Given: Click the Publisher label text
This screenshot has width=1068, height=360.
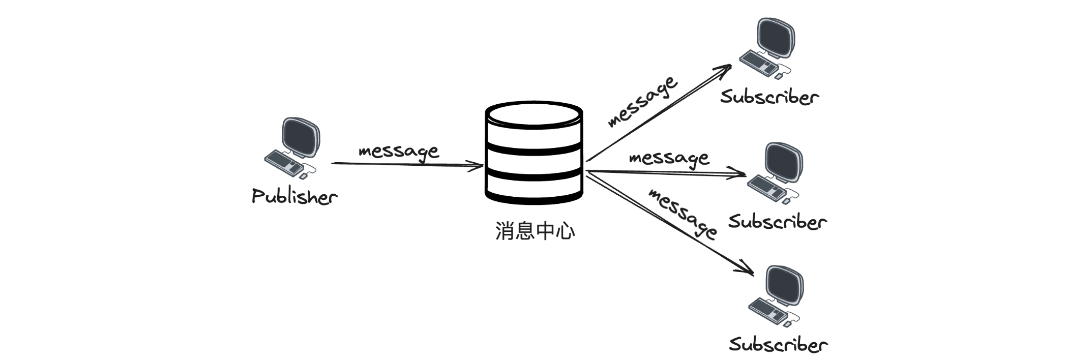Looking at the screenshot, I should (x=294, y=196).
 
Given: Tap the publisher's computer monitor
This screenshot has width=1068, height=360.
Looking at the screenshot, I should (x=301, y=137).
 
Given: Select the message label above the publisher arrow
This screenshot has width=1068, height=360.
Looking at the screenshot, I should (x=398, y=151).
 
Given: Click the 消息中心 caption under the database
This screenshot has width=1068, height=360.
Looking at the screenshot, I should (x=535, y=231).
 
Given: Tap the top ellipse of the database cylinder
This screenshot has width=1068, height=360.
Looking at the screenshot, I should (x=534, y=115).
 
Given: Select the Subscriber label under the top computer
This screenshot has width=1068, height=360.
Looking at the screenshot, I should (x=769, y=97).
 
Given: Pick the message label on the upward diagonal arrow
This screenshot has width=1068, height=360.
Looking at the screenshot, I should (x=643, y=101).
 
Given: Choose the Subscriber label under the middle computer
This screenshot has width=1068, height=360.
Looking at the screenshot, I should (x=778, y=221).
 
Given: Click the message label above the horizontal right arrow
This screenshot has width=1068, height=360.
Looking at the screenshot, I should (x=669, y=158).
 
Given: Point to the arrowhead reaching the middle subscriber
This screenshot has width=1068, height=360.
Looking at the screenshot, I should (x=741, y=175).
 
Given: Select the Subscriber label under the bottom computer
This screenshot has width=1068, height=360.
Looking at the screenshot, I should (x=778, y=344).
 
